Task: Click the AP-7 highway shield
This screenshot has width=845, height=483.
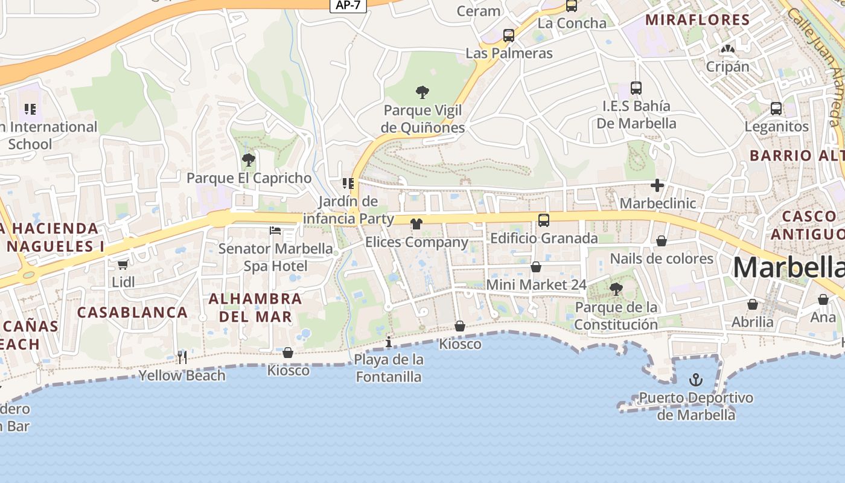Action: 348,5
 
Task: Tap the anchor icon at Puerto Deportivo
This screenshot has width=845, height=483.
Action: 696,380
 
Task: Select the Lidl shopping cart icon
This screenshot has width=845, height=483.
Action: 123,264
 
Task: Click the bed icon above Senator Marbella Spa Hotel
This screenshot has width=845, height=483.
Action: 275,231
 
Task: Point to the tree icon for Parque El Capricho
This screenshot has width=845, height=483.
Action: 248,160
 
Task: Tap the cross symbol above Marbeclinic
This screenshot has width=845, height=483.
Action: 657,185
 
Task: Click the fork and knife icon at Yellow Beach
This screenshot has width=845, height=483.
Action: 182,357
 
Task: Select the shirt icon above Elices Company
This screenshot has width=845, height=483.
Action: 416,224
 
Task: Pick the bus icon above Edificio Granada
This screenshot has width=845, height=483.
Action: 544,220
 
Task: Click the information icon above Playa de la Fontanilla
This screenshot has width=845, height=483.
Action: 389,342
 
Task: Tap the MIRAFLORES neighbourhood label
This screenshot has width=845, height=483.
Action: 698,19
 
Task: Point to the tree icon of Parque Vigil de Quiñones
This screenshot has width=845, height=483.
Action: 422,92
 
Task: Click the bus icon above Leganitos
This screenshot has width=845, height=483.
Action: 776,109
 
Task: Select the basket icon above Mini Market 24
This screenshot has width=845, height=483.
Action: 536,267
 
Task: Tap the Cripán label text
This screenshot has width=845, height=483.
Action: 728,66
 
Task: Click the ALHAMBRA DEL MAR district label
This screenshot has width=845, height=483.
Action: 255,307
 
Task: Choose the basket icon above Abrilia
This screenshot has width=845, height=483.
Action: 753,304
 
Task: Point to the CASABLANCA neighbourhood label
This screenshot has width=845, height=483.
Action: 133,312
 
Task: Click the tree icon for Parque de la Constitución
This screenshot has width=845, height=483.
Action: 616,289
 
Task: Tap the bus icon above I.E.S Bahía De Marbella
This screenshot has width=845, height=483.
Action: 636,88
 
